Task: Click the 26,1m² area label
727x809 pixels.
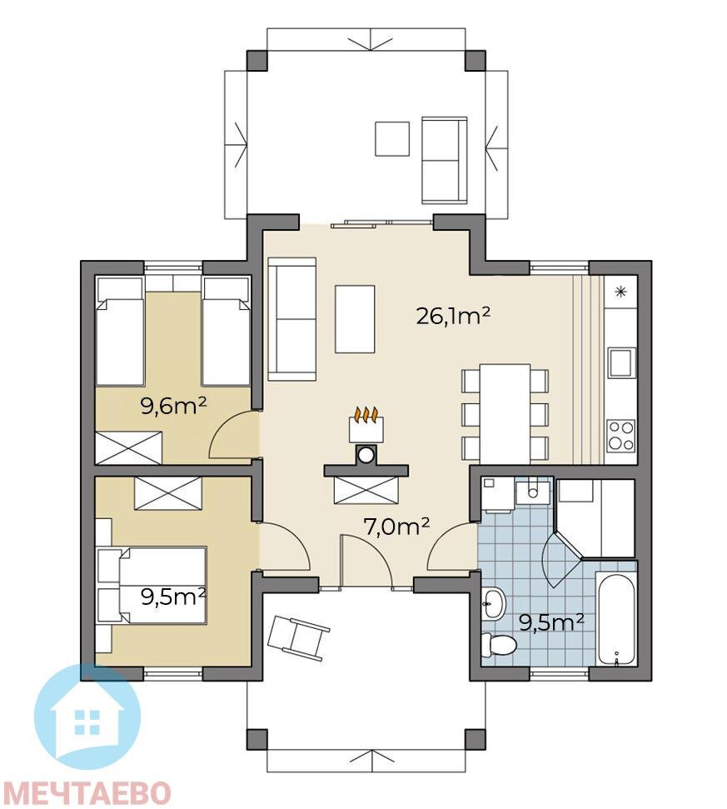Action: (x=453, y=315)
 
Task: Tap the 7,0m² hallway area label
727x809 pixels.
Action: (x=396, y=527)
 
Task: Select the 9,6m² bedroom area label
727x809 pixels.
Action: (x=174, y=407)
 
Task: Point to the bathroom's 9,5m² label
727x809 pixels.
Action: (x=551, y=622)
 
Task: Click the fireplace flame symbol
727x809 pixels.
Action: (x=366, y=414)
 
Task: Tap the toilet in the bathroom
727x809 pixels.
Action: (x=498, y=644)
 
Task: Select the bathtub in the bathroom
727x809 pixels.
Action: (x=617, y=617)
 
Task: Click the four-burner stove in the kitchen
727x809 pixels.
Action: (x=620, y=436)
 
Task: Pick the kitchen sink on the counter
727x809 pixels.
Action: (x=621, y=362)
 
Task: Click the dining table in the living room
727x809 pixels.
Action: (x=505, y=413)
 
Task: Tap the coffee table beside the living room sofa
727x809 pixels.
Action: (x=355, y=319)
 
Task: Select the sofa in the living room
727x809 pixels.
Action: (x=291, y=319)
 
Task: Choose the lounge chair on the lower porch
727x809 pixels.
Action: (x=298, y=637)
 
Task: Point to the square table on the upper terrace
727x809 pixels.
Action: (x=392, y=138)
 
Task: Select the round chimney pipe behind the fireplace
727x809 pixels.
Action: (x=366, y=455)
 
